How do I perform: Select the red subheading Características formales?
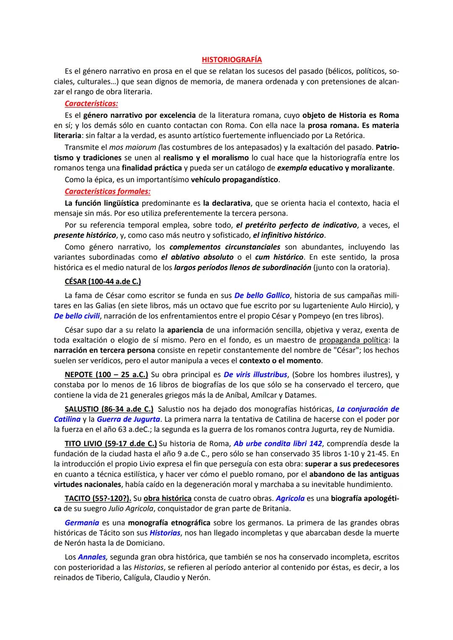pos(107,192)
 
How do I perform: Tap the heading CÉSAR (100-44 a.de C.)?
pos(103,281)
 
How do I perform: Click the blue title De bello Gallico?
pos(256,296)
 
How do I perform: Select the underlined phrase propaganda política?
pos(353,340)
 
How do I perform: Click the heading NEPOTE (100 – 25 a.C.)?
pos(106,375)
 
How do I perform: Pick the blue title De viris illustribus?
pos(255,375)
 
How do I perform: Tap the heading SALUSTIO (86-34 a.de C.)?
pos(109,409)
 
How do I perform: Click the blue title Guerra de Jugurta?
pos(128,419)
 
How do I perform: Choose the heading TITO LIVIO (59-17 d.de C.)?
pos(111,443)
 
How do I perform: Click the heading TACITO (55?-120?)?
pos(98,498)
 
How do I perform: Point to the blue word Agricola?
pos(290,498)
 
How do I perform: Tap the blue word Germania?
pos(82,523)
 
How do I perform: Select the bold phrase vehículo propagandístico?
pos(234,180)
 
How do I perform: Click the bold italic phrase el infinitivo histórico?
pos(289,235)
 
